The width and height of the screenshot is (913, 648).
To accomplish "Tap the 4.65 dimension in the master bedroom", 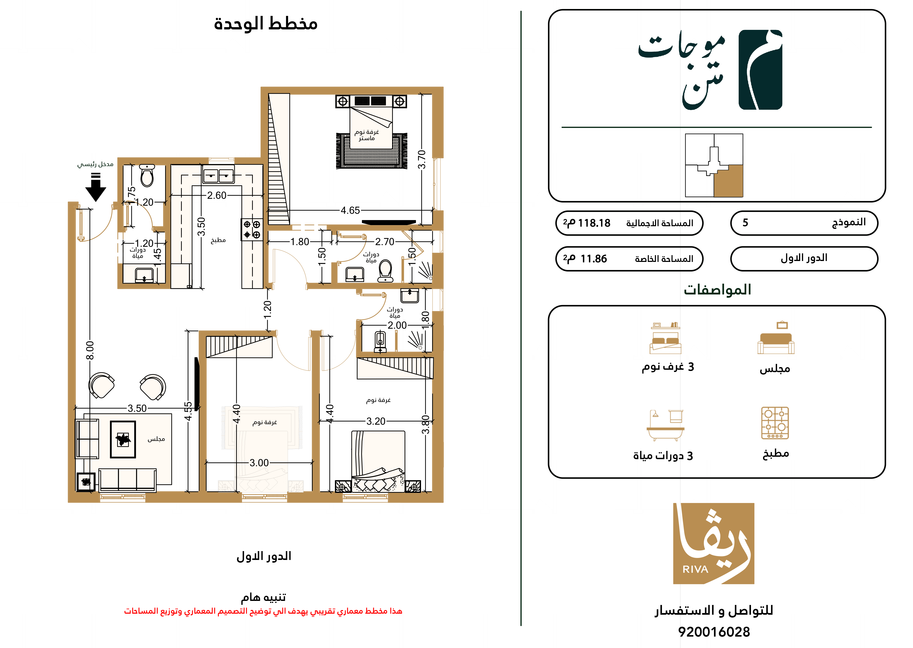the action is pyautogui.click(x=350, y=210).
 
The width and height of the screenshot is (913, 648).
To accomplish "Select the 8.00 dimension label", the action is pyautogui.click(x=90, y=350).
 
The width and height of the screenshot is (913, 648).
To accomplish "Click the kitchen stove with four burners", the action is pyautogui.click(x=252, y=229).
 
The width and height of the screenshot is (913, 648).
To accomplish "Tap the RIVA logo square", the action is pyautogui.click(x=714, y=543).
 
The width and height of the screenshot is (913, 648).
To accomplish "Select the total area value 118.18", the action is pyautogui.click(x=594, y=223).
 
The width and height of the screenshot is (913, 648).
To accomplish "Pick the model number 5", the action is pyautogui.click(x=745, y=223).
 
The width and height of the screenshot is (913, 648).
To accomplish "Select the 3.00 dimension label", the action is pyautogui.click(x=259, y=463).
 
